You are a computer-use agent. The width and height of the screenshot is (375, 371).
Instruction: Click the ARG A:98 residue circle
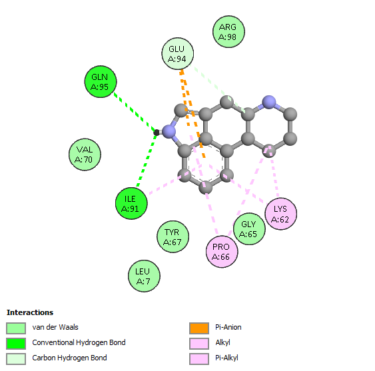[x=228, y=32]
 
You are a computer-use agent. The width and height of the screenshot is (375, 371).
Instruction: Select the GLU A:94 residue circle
[x=177, y=53]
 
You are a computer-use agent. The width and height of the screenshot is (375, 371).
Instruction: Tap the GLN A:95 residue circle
[x=101, y=81]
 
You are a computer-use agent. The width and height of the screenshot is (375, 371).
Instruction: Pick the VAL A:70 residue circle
[x=85, y=155]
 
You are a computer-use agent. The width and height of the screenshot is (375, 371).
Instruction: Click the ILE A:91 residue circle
[x=131, y=203]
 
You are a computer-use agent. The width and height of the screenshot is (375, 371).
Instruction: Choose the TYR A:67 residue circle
[x=173, y=236]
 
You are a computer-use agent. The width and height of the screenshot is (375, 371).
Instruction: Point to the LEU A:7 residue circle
[x=144, y=276]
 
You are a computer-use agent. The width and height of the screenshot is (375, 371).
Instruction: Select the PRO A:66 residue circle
[x=222, y=252]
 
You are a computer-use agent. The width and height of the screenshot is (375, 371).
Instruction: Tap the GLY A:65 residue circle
[x=249, y=229]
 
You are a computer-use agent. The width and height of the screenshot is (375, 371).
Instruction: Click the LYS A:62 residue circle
[x=281, y=214]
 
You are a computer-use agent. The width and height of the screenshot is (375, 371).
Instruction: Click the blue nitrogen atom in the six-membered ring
[x=269, y=103]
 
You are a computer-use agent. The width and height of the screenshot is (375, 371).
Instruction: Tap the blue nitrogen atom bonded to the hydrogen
[x=169, y=131]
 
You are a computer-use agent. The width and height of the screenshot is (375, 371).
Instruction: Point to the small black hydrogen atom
[x=157, y=133]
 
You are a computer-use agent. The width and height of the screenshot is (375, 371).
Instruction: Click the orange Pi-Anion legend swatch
[x=199, y=328]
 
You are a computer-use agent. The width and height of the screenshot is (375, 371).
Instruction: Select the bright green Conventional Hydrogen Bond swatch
[x=16, y=344]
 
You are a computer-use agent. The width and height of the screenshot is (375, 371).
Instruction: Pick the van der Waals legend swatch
[x=16, y=328]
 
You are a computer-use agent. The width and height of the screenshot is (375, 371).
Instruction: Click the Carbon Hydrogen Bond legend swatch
[x=16, y=359]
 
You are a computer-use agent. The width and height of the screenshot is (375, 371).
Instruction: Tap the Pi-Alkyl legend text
[x=226, y=358]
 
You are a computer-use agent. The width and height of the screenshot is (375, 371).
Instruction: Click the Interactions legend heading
[x=30, y=312]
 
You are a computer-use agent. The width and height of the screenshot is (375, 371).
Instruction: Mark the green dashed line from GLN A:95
[x=135, y=112]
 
